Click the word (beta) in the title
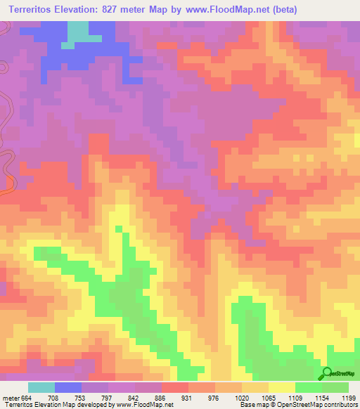click(281, 10)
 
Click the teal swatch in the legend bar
click(41, 387)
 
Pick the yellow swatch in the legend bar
click(282, 387)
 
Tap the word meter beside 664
click(11, 398)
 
